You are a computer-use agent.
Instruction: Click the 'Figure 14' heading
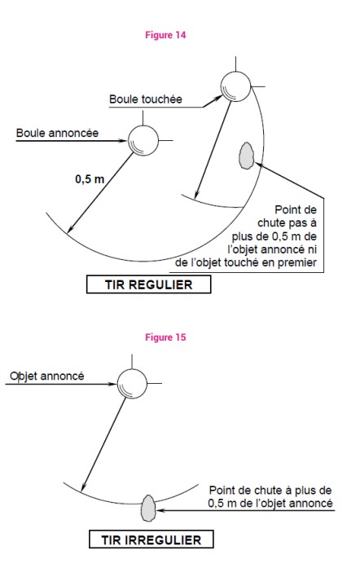(x=165, y=35)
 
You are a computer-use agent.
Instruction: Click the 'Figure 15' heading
(x=165, y=337)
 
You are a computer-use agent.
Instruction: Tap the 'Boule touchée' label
(x=146, y=99)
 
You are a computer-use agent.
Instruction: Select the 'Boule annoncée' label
(x=57, y=133)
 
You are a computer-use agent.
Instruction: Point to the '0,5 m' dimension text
(x=90, y=179)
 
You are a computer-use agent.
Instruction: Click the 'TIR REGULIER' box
(x=148, y=284)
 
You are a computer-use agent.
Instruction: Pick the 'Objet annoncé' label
(x=47, y=376)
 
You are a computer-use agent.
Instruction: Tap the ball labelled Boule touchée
(x=235, y=86)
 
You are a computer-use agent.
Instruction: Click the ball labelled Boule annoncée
(x=143, y=140)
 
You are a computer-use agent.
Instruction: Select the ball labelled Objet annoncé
(x=132, y=384)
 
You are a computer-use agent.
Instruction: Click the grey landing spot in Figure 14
(x=247, y=156)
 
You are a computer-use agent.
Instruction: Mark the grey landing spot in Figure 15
(x=147, y=509)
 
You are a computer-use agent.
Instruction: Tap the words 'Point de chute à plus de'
(x=270, y=491)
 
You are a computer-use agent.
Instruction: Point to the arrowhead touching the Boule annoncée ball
(x=125, y=140)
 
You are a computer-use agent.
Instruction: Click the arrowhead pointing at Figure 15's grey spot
(x=160, y=510)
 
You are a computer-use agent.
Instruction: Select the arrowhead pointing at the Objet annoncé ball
(x=113, y=384)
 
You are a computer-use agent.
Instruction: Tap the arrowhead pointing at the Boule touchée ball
(x=218, y=97)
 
